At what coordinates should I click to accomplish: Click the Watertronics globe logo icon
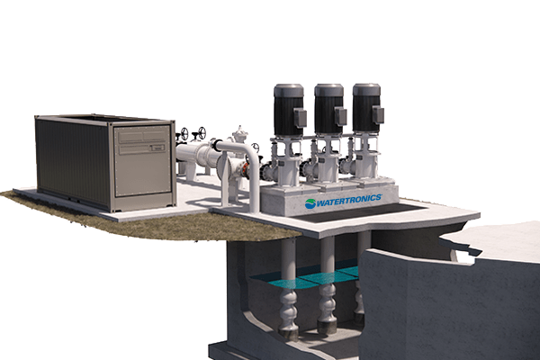point(310,203)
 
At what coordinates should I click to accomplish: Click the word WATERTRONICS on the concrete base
point(349,201)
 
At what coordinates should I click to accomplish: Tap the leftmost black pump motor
point(289,110)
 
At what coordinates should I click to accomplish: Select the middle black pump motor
point(329,109)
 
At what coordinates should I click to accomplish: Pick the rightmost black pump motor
point(367,108)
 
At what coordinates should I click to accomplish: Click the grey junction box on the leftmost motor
point(300,117)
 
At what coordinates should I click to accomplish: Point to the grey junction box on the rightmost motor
point(378,114)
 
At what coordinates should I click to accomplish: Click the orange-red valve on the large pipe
point(246,168)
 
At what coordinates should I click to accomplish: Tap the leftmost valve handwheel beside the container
point(185,134)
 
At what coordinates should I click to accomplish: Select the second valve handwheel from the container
point(202,131)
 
